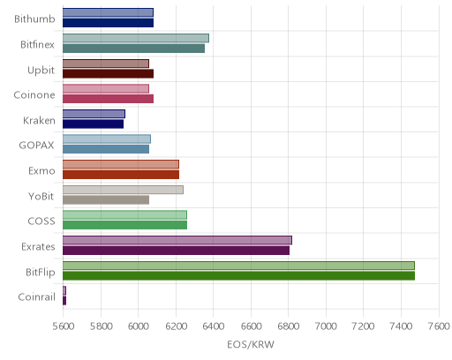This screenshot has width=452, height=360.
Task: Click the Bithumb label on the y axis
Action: click(34, 19)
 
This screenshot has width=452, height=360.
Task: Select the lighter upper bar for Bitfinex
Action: click(136, 38)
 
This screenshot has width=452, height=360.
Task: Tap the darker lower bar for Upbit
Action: click(108, 73)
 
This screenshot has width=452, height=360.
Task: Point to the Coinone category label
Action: click(34, 94)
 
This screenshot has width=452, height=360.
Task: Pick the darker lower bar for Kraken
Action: click(93, 124)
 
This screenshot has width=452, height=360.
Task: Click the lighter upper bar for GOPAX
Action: click(107, 139)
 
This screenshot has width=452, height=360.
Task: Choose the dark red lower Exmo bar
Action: click(121, 175)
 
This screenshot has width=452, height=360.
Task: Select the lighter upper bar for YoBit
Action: click(123, 190)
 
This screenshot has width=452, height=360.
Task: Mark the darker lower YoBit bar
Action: click(106, 200)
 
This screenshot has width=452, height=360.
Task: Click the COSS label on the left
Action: click(41, 221)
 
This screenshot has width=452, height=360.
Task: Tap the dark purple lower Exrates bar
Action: click(176, 251)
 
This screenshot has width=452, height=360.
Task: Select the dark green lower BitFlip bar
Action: click(238, 276)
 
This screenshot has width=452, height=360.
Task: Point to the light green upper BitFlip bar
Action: click(238, 266)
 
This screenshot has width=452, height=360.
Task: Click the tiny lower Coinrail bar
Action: click(64, 301)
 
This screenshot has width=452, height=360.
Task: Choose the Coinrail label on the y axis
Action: click(36, 297)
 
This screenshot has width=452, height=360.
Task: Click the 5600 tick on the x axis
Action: click(64, 326)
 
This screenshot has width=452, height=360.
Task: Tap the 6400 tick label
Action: click(214, 326)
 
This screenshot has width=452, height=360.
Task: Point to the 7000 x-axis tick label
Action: click(326, 326)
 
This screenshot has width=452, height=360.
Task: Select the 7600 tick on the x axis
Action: click(439, 326)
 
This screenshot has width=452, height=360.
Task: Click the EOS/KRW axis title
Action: click(251, 344)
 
